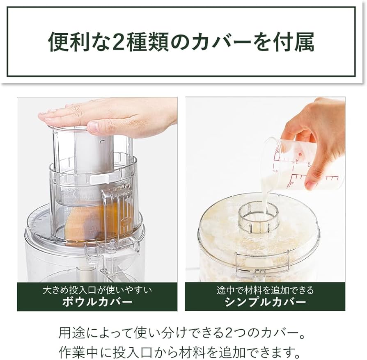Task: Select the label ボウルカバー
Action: click(x=97, y=302)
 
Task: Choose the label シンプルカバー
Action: click(x=265, y=302)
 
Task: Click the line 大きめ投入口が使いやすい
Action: click(x=97, y=290)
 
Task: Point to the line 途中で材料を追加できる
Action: click(x=265, y=290)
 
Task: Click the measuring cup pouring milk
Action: click(x=304, y=164)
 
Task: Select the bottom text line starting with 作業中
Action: click(x=183, y=351)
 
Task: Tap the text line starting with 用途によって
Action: click(x=183, y=333)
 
